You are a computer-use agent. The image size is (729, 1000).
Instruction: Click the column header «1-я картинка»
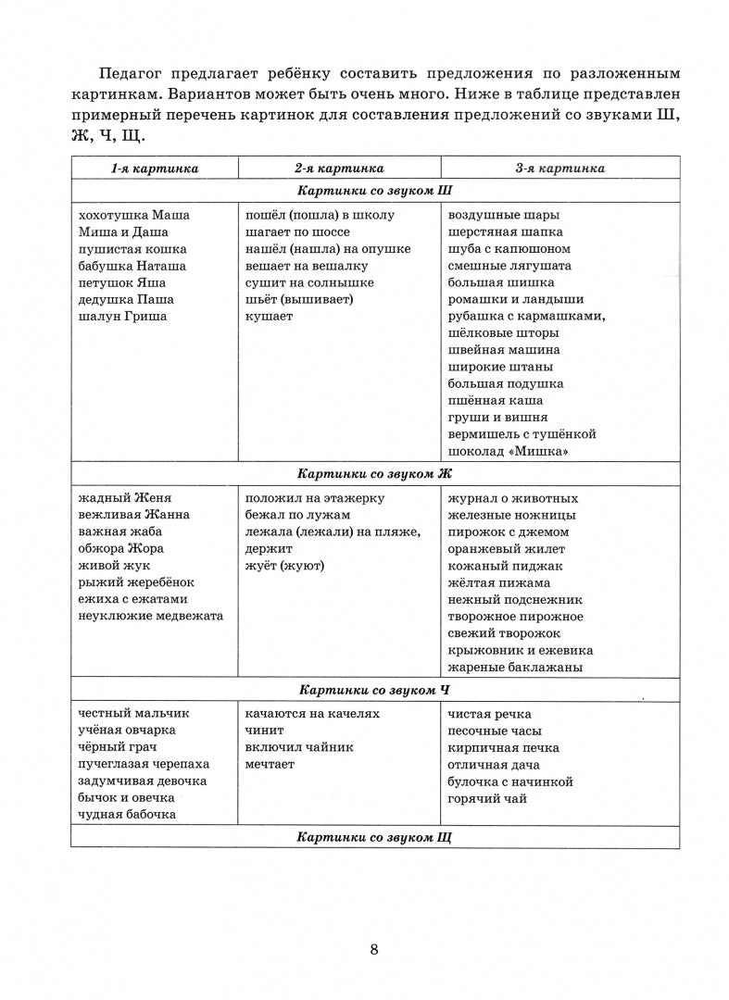click(155, 168)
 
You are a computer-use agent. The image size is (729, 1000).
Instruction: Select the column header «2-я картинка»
click(339, 168)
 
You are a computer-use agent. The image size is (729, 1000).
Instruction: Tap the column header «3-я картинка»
click(560, 168)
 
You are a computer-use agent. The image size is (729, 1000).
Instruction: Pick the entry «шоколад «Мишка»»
click(507, 451)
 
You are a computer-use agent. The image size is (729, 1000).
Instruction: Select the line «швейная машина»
click(503, 350)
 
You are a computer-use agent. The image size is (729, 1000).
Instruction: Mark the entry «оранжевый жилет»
click(505, 549)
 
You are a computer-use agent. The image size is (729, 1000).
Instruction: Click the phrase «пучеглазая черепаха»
click(145, 764)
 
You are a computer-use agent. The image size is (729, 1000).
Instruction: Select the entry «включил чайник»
click(299, 747)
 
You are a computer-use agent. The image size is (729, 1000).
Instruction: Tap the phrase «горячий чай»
click(487, 798)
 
